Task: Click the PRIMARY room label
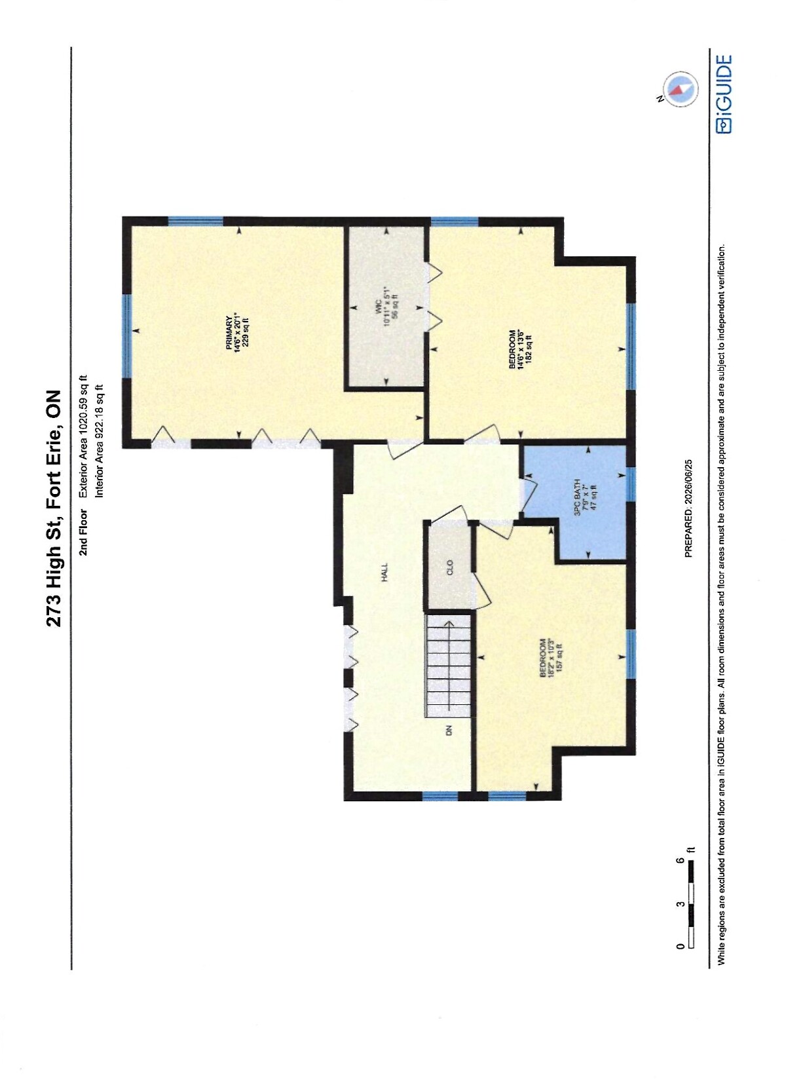(229, 332)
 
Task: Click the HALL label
(384, 571)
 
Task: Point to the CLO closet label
(449, 567)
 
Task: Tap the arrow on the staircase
(449, 666)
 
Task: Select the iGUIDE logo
(724, 94)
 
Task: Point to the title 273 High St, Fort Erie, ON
(54, 508)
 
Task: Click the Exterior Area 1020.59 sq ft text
(83, 436)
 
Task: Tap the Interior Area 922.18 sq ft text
(100, 441)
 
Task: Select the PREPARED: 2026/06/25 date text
(688, 508)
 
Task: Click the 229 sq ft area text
(245, 332)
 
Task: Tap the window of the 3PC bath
(631, 484)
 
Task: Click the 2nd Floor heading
(83, 532)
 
